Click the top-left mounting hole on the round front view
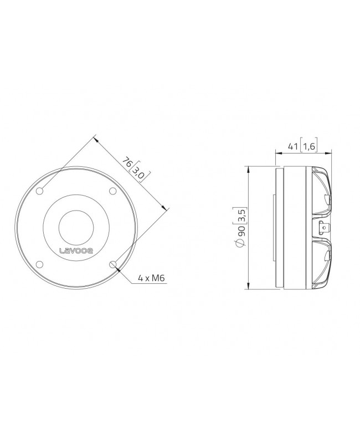pyautogui.click(x=40, y=191)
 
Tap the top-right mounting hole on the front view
pyautogui.click(x=112, y=191)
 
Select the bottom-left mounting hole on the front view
pyautogui.click(x=40, y=264)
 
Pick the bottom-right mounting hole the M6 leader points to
pyautogui.click(x=112, y=264)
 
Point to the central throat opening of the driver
pyautogui.click(x=76, y=227)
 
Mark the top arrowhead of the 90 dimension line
pyautogui.click(x=249, y=167)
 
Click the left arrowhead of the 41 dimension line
pyautogui.click(x=277, y=152)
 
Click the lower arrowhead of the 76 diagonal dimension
pyautogui.click(x=166, y=207)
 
